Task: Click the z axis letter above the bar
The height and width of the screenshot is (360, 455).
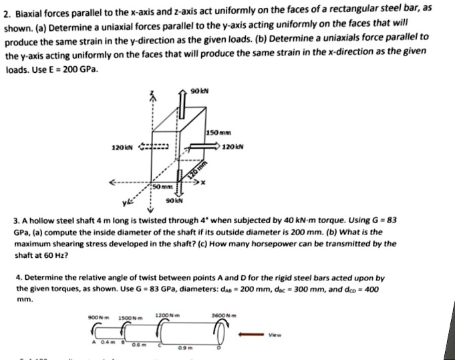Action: [152, 94]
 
